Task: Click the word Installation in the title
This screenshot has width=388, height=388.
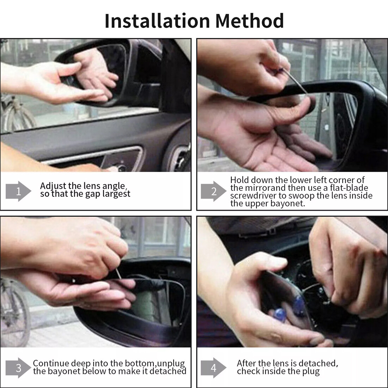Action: click(157, 21)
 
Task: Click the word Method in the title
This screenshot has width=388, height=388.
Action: click(249, 21)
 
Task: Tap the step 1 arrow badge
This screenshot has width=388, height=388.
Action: click(18, 191)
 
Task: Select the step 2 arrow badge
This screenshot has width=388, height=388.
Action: click(213, 191)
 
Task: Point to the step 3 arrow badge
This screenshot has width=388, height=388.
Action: click(18, 368)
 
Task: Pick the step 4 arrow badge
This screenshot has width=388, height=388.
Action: click(213, 368)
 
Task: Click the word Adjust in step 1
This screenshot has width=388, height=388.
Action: click(53, 186)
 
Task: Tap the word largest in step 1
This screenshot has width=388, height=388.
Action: click(116, 194)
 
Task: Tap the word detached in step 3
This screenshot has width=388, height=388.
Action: click(168, 371)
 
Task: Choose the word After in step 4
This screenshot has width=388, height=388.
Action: click(247, 363)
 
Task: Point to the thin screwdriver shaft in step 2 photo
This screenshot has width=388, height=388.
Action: click(296, 82)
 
